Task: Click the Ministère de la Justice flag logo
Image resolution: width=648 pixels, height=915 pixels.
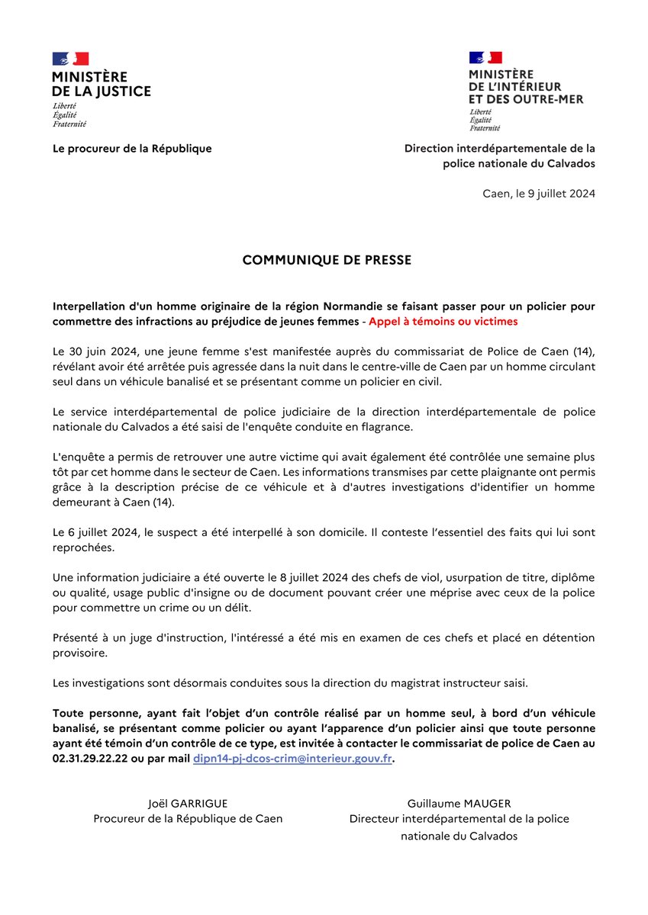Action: pyautogui.click(x=70, y=59)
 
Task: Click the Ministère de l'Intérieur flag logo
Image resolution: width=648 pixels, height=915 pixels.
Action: pyautogui.click(x=485, y=58)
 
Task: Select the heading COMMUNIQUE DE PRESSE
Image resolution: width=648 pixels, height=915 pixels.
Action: pyautogui.click(x=327, y=260)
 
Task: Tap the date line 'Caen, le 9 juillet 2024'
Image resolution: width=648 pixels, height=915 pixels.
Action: pyautogui.click(x=539, y=194)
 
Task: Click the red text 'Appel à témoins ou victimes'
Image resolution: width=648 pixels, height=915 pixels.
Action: pyautogui.click(x=443, y=322)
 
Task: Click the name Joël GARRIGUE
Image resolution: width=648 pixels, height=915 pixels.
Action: pyautogui.click(x=188, y=804)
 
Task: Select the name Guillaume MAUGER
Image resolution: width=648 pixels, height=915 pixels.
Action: pyautogui.click(x=459, y=804)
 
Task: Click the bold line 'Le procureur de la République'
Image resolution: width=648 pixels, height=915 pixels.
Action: pyautogui.click(x=132, y=149)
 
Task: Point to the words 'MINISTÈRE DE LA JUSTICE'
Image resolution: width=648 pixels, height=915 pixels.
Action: pyautogui.click(x=101, y=85)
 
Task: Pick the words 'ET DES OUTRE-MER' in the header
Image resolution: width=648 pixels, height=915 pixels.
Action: pyautogui.click(x=526, y=99)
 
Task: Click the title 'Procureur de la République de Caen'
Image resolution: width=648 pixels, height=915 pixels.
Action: pyautogui.click(x=188, y=819)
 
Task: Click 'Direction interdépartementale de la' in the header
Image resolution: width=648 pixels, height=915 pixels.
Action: pyautogui.click(x=499, y=149)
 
